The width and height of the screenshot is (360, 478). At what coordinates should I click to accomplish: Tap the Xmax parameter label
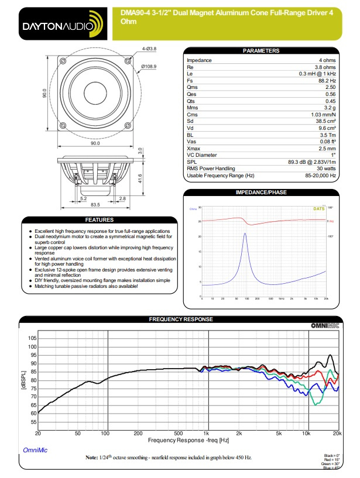194,149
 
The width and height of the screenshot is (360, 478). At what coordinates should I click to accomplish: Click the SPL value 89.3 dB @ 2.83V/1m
312,161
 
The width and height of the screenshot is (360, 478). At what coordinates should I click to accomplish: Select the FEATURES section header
99,221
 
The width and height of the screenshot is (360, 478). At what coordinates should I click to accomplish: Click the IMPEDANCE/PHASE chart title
260,192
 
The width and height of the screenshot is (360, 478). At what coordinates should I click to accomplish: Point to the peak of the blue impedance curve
245,233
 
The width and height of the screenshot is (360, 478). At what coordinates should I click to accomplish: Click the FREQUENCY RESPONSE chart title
180,319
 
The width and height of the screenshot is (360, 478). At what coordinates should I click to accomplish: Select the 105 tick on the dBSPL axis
32,338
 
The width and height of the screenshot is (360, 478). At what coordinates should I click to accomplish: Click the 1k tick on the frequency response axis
206,433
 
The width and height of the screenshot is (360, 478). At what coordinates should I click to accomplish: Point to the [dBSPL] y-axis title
23,380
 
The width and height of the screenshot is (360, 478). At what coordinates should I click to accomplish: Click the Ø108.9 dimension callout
149,67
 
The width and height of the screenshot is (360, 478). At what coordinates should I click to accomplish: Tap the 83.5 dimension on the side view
96,204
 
